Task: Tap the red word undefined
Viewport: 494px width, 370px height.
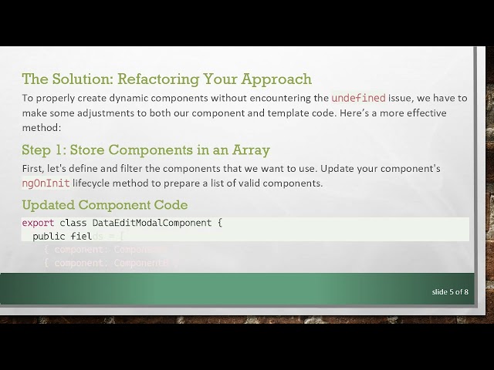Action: pos(358,98)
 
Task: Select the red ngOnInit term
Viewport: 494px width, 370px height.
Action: pos(46,183)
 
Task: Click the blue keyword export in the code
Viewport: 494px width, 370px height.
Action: pos(38,223)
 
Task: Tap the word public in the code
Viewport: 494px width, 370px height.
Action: pos(49,236)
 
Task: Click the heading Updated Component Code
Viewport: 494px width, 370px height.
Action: pos(105,204)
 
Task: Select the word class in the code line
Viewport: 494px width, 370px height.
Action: pos(73,223)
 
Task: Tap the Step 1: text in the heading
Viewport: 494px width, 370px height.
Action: pos(43,149)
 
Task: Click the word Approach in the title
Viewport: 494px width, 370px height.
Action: pos(276,79)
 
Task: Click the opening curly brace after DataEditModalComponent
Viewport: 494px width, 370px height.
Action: pos(219,223)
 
